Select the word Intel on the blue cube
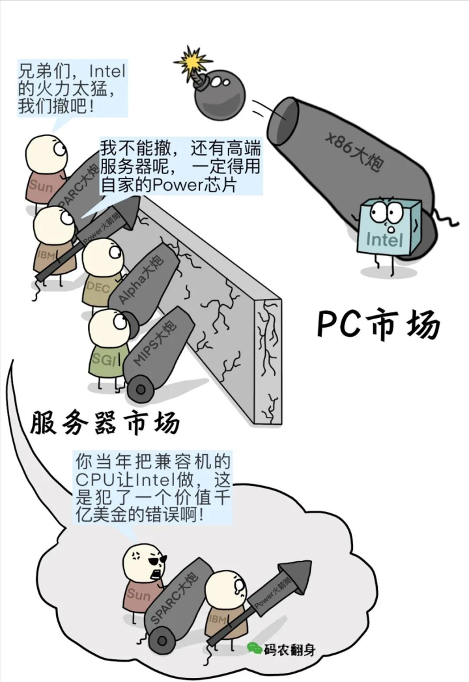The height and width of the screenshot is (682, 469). [x=384, y=240]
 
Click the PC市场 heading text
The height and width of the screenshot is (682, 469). [x=378, y=324]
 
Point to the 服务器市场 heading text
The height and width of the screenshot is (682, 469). [x=104, y=423]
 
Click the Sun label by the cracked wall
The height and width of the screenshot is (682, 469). [x=40, y=186]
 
